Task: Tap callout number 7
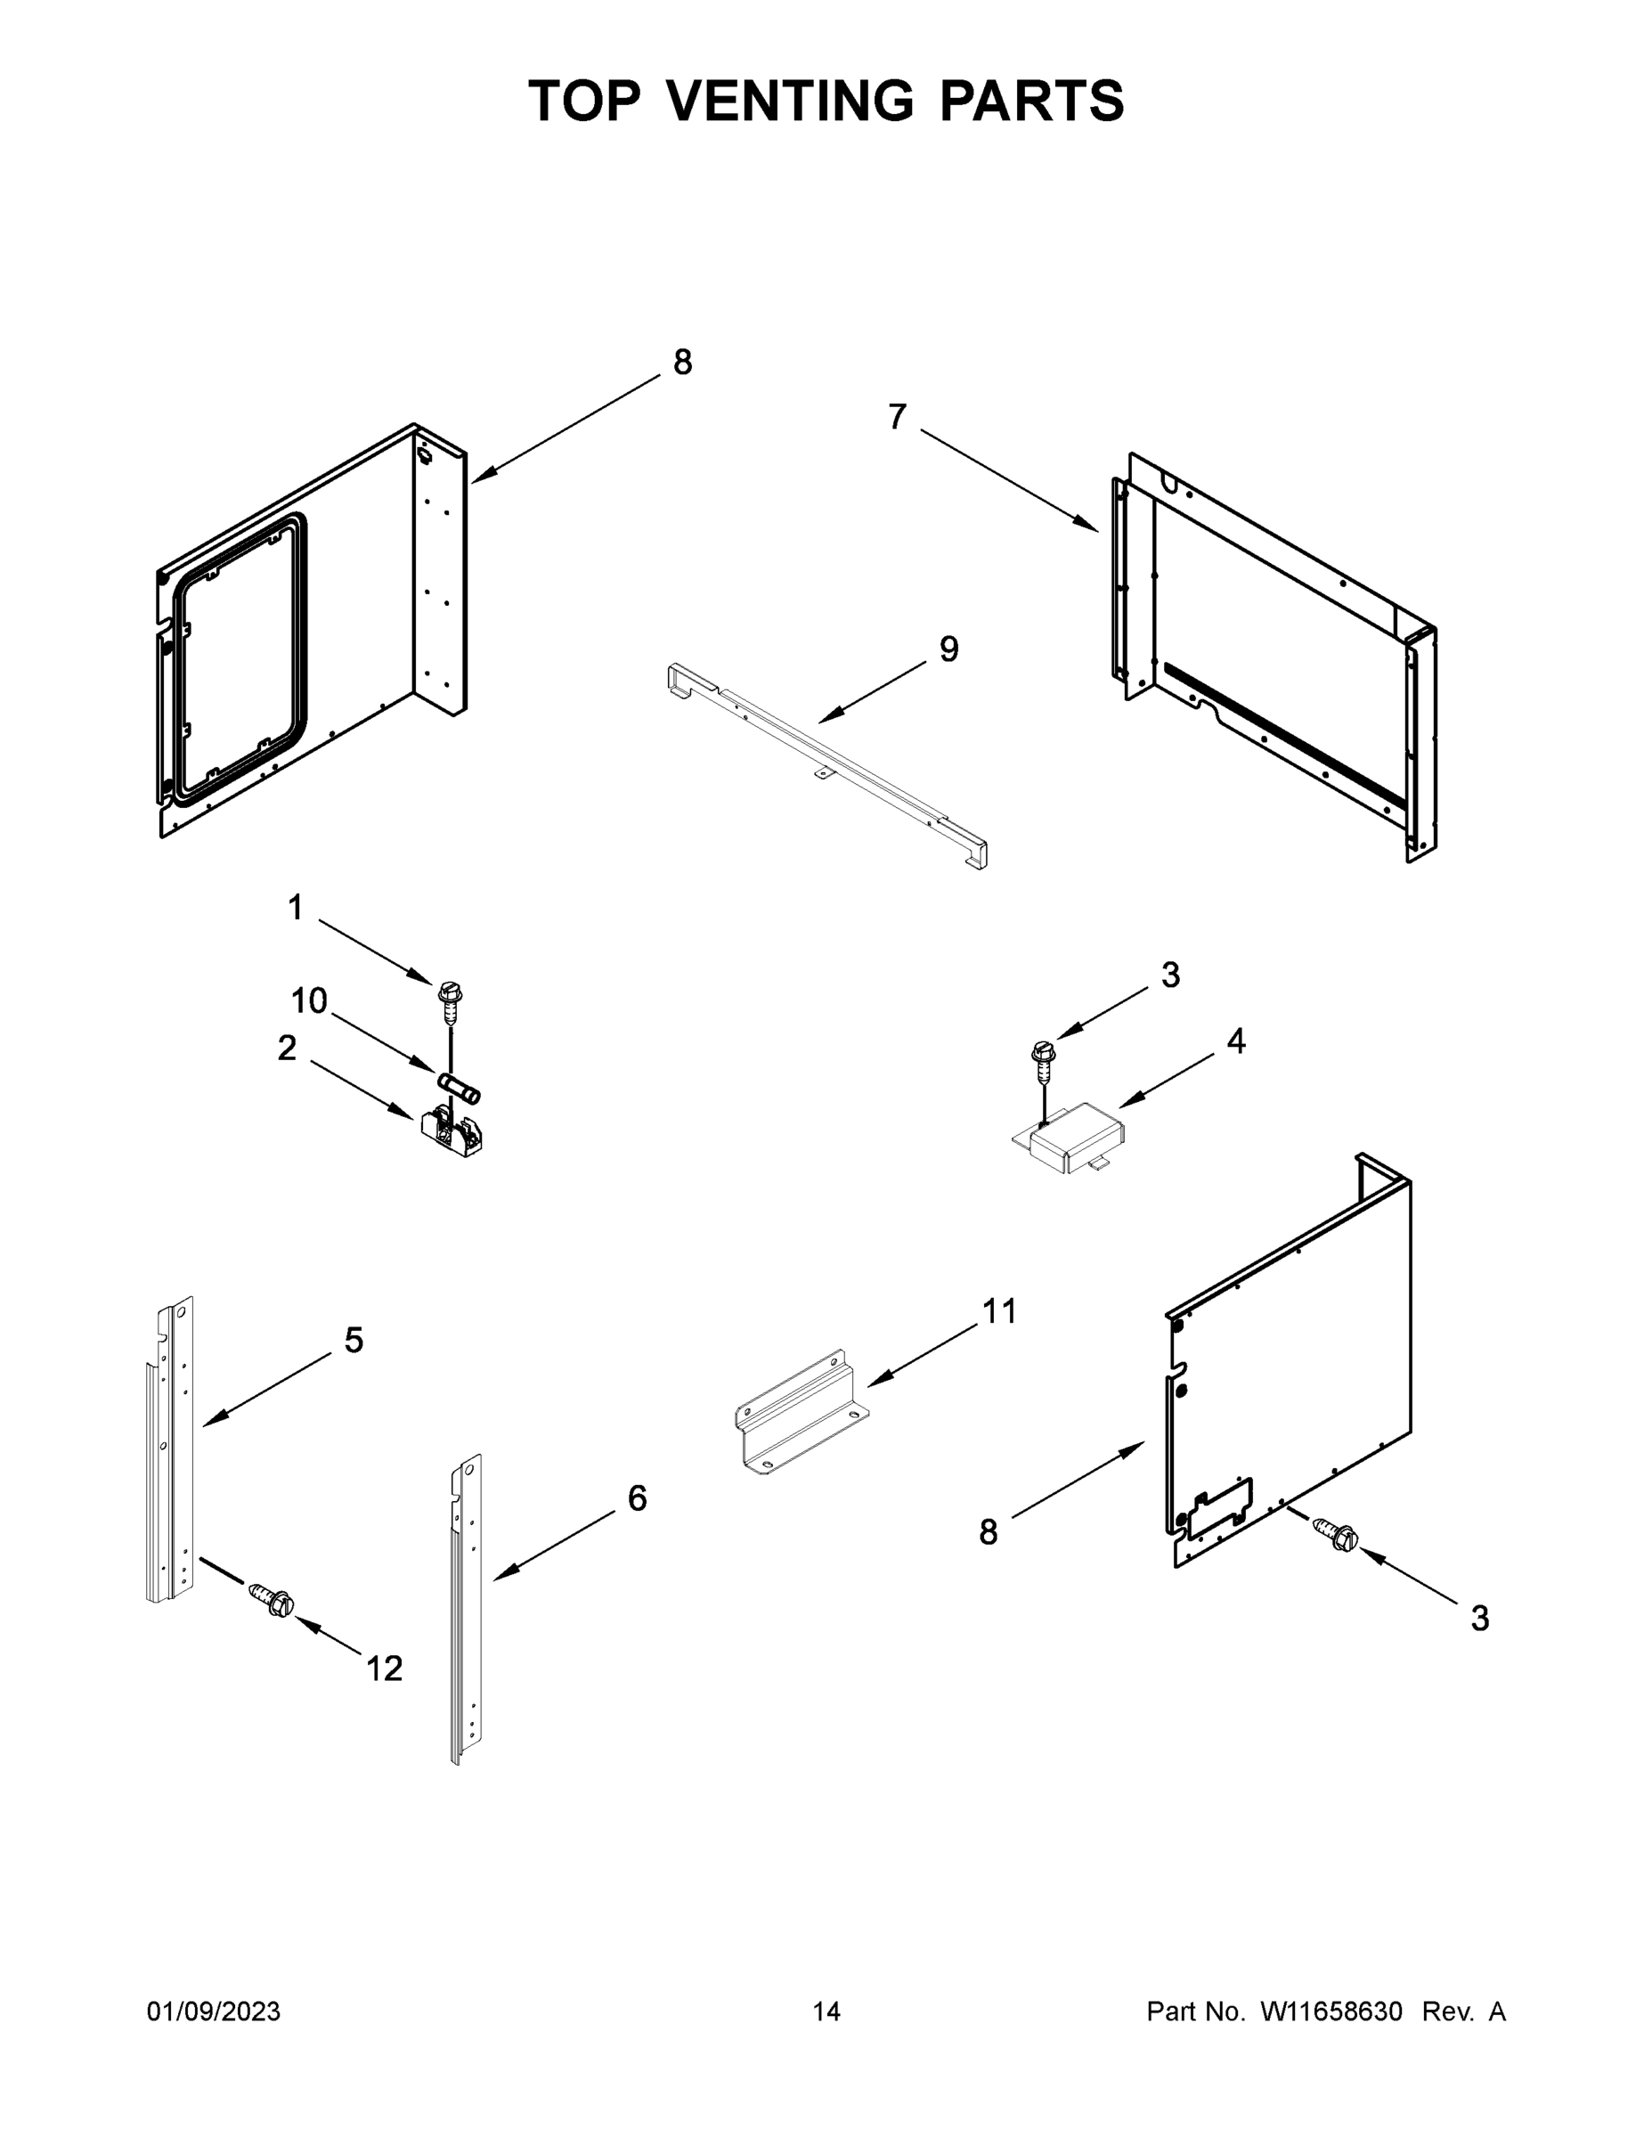click(x=897, y=417)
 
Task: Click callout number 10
click(x=308, y=1000)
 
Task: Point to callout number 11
click(x=999, y=1310)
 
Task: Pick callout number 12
click(x=384, y=1669)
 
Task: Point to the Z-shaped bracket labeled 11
click(x=800, y=1413)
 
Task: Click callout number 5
click(x=354, y=1340)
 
